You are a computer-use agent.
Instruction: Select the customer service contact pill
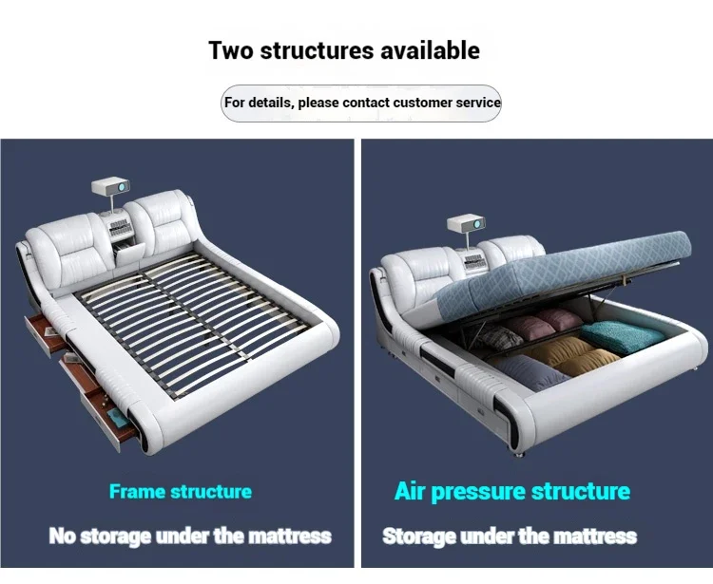[x=361, y=103]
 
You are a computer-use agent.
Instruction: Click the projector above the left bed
[x=110, y=190]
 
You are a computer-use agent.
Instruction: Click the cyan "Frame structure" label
[x=181, y=492]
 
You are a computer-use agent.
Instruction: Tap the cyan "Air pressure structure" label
[x=511, y=492]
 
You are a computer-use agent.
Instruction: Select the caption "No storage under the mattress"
[x=190, y=537]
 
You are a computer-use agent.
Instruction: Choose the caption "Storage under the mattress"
[x=510, y=537]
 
